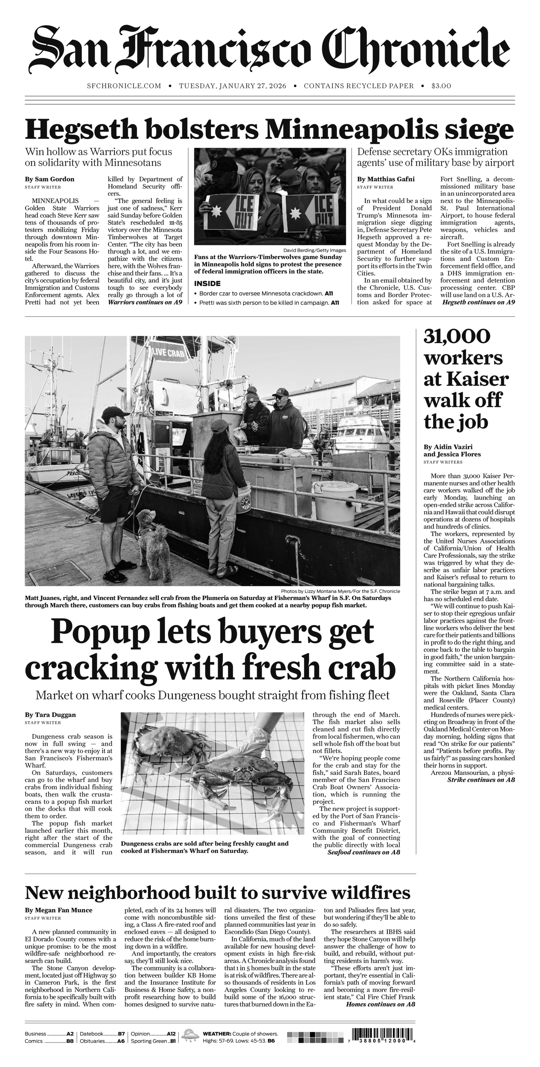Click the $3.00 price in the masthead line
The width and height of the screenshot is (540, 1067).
tap(441, 86)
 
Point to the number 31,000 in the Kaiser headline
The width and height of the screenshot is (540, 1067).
tap(457, 336)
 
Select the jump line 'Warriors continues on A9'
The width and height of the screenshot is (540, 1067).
tap(145, 302)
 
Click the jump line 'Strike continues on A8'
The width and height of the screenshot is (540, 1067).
tap(481, 780)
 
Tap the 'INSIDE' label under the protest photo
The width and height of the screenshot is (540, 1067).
tap(207, 284)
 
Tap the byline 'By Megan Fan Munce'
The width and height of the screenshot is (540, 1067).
tap(58, 910)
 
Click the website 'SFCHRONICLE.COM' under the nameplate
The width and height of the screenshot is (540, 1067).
tap(124, 86)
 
